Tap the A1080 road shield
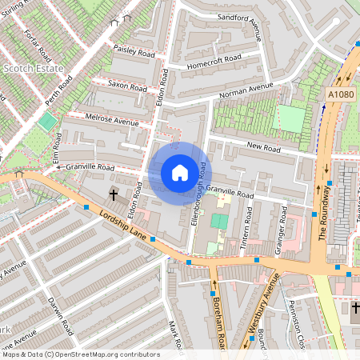(340, 94)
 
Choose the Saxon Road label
(127, 85)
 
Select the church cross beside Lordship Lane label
(113, 194)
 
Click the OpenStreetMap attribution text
(80, 354)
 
